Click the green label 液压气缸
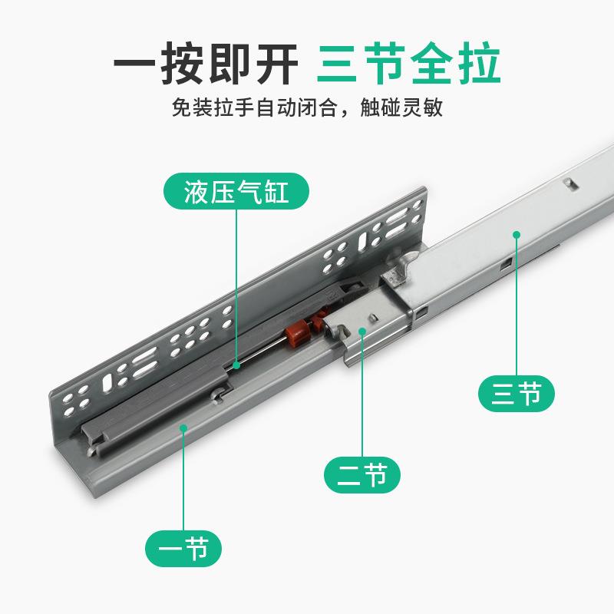pos(236,192)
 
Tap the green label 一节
pos(184,549)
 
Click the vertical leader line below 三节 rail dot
pos(517,307)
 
